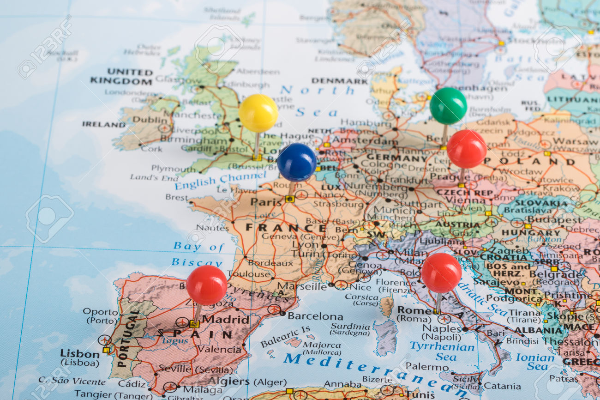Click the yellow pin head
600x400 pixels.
point(258,113)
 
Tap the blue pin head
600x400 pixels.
point(296,162)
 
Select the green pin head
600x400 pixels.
point(448,106)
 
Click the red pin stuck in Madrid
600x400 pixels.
point(206,285)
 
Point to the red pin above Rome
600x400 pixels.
point(441,273)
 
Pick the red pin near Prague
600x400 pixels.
point(467,149)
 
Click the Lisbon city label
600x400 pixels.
point(79,354)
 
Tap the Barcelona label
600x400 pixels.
point(315,316)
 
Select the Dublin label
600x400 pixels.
point(144,119)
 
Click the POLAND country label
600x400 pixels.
point(531,162)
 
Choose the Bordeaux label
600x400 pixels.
point(270,262)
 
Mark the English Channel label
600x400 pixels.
point(221,181)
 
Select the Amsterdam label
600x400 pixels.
point(364,140)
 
